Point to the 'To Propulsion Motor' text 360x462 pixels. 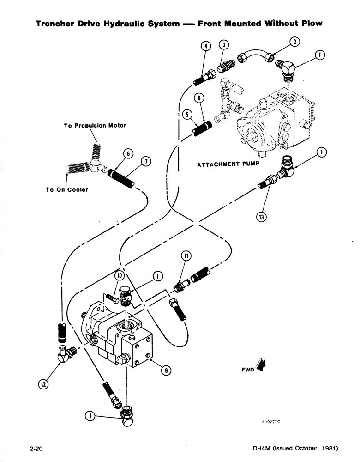click(x=95, y=125)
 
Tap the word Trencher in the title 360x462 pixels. click(x=56, y=23)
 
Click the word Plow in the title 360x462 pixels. click(x=310, y=23)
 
